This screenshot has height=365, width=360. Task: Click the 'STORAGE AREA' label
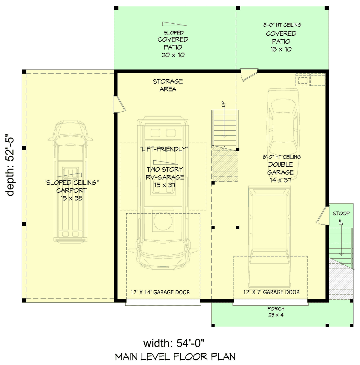(168, 85)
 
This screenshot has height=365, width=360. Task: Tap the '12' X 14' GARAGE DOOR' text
(160, 292)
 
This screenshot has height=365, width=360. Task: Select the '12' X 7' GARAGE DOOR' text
(271, 292)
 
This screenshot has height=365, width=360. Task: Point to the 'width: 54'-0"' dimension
(174, 343)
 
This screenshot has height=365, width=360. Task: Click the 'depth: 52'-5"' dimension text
(10, 165)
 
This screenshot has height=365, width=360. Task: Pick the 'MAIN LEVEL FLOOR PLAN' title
(175, 357)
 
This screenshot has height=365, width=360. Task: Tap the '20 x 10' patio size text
(173, 55)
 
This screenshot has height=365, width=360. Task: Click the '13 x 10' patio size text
(281, 49)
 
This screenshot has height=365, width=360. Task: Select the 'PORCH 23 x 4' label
(276, 312)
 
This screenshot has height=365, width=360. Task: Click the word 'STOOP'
(341, 213)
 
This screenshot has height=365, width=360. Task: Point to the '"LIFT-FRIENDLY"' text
(164, 149)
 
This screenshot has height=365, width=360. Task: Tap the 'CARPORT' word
(71, 190)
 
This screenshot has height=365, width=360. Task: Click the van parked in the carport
(70, 182)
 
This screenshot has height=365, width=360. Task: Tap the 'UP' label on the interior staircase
(224, 104)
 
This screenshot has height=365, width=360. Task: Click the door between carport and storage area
(119, 104)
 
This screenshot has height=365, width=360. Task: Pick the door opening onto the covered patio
(248, 75)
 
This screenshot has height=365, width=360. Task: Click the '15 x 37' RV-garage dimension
(165, 185)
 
